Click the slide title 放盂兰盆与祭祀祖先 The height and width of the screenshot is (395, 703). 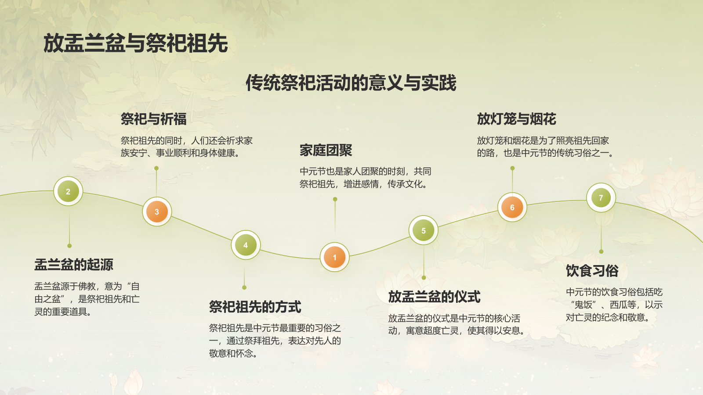[x=135, y=43]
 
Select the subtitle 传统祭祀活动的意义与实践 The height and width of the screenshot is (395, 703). [x=351, y=83]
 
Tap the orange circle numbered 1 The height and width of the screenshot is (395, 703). [x=335, y=257]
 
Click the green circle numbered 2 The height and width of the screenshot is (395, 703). [x=68, y=191]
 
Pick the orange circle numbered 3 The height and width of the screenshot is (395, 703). [x=157, y=212]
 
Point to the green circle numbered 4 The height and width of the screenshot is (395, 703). [x=246, y=245]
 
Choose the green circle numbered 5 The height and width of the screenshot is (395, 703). [x=424, y=230]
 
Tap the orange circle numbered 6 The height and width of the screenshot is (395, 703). [x=512, y=207]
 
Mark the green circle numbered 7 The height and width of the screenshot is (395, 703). [x=601, y=197]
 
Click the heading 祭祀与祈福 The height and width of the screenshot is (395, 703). [x=153, y=119]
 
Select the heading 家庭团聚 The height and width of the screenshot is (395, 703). [x=326, y=151]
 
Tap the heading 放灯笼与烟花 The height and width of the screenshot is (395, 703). [x=516, y=119]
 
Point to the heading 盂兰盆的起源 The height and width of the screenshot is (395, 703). [x=74, y=265]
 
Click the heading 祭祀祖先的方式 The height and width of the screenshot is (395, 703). [x=255, y=307]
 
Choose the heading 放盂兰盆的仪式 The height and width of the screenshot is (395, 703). [x=434, y=297]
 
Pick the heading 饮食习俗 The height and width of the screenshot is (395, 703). [x=592, y=271]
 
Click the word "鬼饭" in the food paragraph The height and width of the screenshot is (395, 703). [x=583, y=305]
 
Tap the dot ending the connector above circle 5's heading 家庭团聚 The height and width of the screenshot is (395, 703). [x=335, y=199]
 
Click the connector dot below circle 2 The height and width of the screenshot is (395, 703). [x=69, y=246]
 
